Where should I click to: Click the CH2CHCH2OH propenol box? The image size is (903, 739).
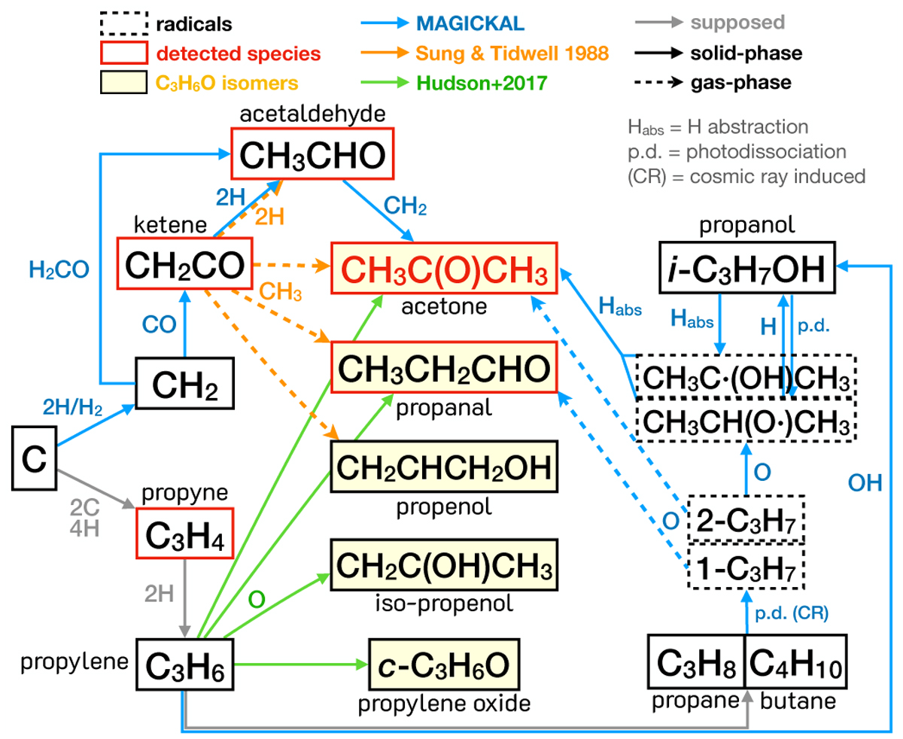tap(445, 467)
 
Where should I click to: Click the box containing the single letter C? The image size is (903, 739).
tap(33, 458)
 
